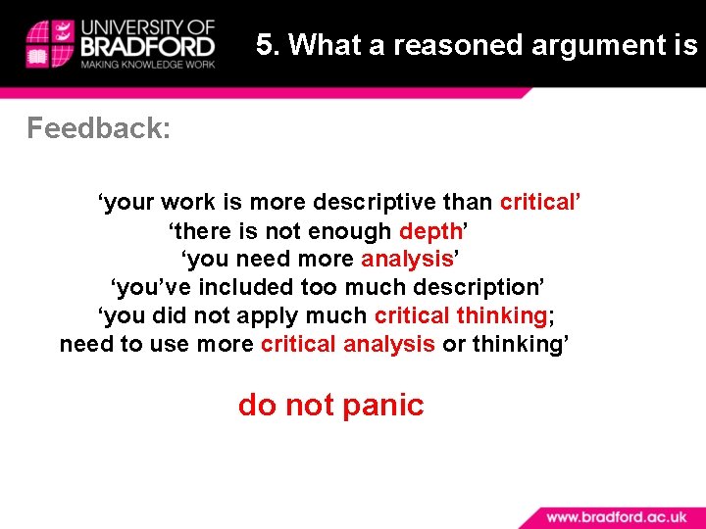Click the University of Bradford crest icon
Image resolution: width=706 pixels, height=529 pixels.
click(x=48, y=43)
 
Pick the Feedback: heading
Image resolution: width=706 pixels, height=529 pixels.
click(x=98, y=128)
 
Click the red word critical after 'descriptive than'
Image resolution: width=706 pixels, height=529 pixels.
click(x=538, y=202)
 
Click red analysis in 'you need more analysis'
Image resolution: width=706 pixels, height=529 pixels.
click(x=406, y=259)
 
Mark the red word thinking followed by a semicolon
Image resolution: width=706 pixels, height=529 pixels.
click(x=501, y=315)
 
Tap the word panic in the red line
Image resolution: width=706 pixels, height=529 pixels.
click(x=383, y=405)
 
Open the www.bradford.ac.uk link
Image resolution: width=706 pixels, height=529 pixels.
click(x=618, y=515)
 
